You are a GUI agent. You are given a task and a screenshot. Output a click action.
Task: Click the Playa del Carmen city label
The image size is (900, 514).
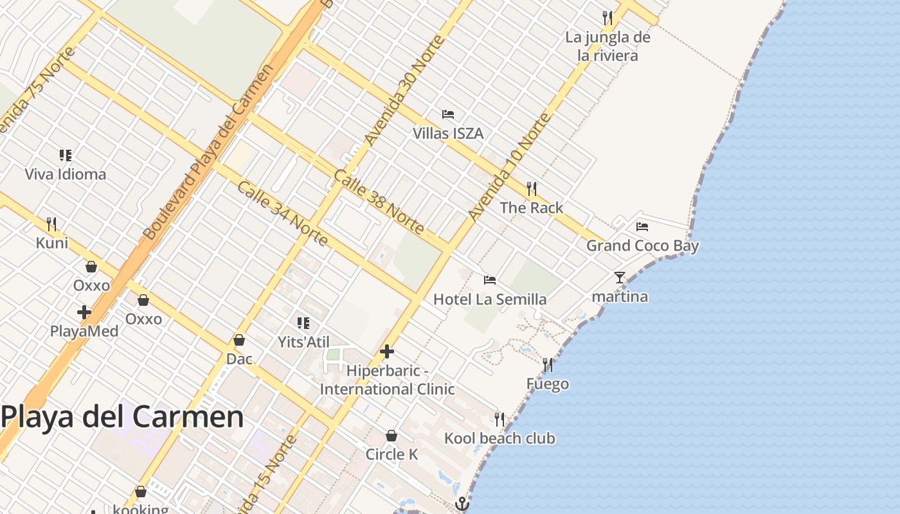pyautogui.click(x=122, y=418)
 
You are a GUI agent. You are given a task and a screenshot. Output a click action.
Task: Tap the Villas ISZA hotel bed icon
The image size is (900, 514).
pyautogui.click(x=448, y=114)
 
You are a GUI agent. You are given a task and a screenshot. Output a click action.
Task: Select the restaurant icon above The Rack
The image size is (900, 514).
pyautogui.click(x=531, y=188)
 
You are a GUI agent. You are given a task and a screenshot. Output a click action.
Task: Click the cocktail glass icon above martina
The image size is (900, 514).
pyautogui.click(x=619, y=278)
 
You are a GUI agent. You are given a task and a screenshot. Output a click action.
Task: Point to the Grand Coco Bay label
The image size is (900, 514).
pyautogui.click(x=642, y=245)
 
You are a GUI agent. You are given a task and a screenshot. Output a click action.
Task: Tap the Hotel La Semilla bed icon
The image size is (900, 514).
pyautogui.click(x=490, y=279)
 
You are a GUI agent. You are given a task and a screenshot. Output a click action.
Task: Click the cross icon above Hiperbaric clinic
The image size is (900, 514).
pyautogui.click(x=386, y=351)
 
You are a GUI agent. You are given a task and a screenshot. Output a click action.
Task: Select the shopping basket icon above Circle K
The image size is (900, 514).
pyautogui.click(x=391, y=436)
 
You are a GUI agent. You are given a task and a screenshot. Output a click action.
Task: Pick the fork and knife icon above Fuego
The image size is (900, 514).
pyautogui.click(x=548, y=365)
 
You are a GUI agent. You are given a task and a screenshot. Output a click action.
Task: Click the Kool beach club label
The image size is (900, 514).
pyautogui.click(x=500, y=438)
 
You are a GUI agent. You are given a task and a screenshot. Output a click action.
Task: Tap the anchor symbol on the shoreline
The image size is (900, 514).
pyautogui.click(x=462, y=504)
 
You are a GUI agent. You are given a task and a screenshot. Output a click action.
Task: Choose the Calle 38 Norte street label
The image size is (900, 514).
pyautogui.click(x=379, y=202)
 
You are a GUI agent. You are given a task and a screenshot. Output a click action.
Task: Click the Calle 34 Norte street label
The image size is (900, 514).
pyautogui.click(x=283, y=213)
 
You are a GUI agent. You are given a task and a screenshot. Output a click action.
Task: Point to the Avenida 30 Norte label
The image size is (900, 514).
pyautogui.click(x=404, y=90)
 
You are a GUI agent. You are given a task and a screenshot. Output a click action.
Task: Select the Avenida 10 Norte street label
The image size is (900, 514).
pyautogui.click(x=510, y=167)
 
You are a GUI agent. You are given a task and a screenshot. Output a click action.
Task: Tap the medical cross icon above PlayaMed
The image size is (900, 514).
pyautogui.click(x=84, y=313)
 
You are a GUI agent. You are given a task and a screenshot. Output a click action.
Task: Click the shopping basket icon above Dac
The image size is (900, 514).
pyautogui.click(x=239, y=339)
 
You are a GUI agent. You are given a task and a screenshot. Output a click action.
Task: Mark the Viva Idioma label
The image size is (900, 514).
pyautogui.click(x=66, y=174)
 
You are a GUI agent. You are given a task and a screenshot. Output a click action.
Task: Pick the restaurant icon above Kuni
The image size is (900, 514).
pyautogui.click(x=51, y=224)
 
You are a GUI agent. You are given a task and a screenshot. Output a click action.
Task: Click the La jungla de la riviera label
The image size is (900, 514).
pyautogui.click(x=607, y=46)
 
